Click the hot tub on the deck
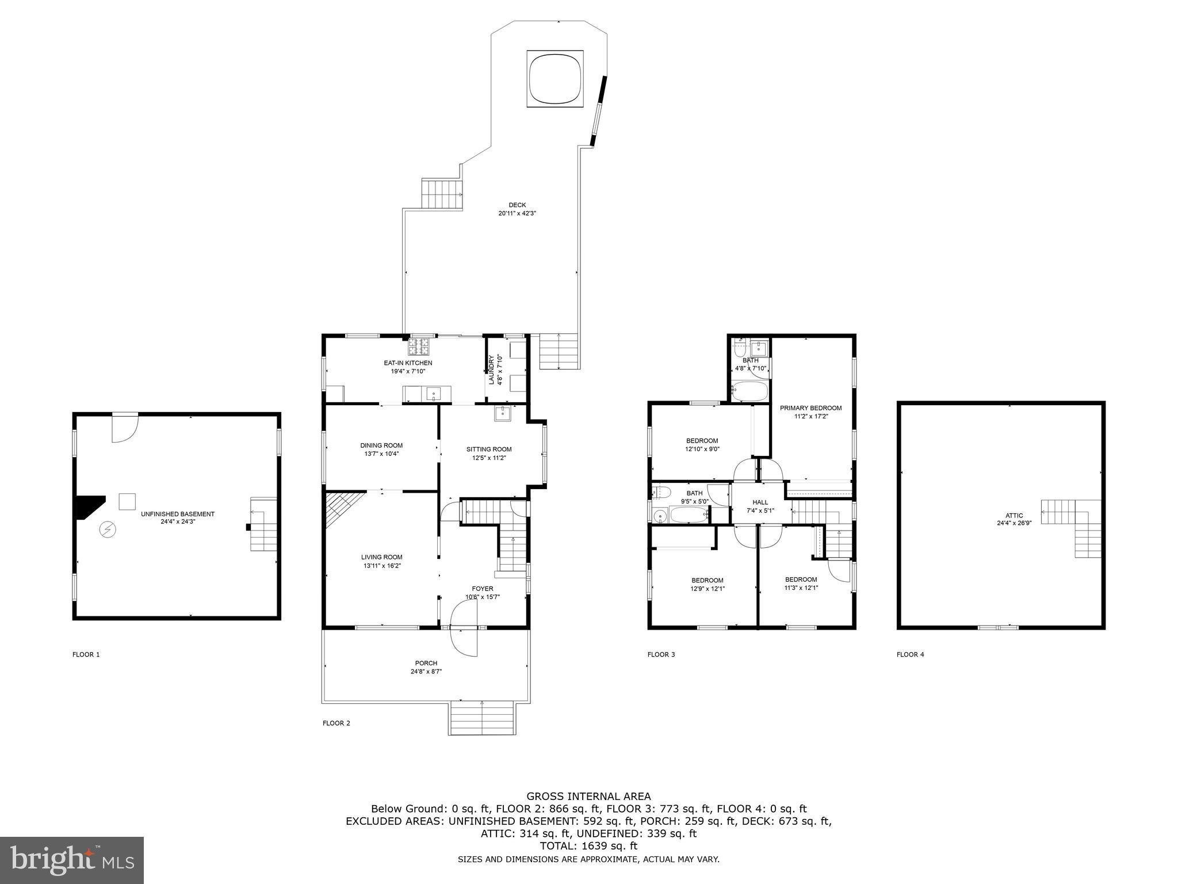pyautogui.click(x=555, y=78)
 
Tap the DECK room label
pyautogui.click(x=517, y=205)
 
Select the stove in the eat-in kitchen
pyautogui.click(x=419, y=346)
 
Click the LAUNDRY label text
pyautogui.click(x=492, y=370)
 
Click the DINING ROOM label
pyautogui.click(x=381, y=445)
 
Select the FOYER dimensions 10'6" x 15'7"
pyautogui.click(x=483, y=597)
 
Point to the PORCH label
pyautogui.click(x=426, y=663)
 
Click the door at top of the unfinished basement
pyautogui.click(x=125, y=428)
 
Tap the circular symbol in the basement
pyautogui.click(x=107, y=529)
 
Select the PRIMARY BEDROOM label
pyautogui.click(x=810, y=408)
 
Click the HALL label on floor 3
pyautogui.click(x=760, y=502)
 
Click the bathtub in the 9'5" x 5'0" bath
pyautogui.click(x=688, y=515)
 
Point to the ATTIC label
pyautogui.click(x=1014, y=516)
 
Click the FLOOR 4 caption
pyautogui.click(x=910, y=654)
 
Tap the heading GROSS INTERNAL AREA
pyautogui.click(x=588, y=797)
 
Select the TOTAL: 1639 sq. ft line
pyautogui.click(x=588, y=846)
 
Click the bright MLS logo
pyautogui.click(x=72, y=860)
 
